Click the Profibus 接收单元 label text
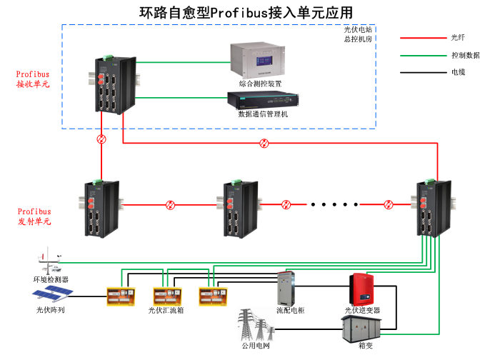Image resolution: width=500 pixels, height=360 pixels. pyautogui.click(x=34, y=79)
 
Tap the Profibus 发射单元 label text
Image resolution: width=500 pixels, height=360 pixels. pyautogui.click(x=34, y=216)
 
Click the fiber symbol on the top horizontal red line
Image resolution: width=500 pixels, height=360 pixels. pyautogui.click(x=265, y=143)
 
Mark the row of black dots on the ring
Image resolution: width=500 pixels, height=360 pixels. pyautogui.click(x=336, y=205)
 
